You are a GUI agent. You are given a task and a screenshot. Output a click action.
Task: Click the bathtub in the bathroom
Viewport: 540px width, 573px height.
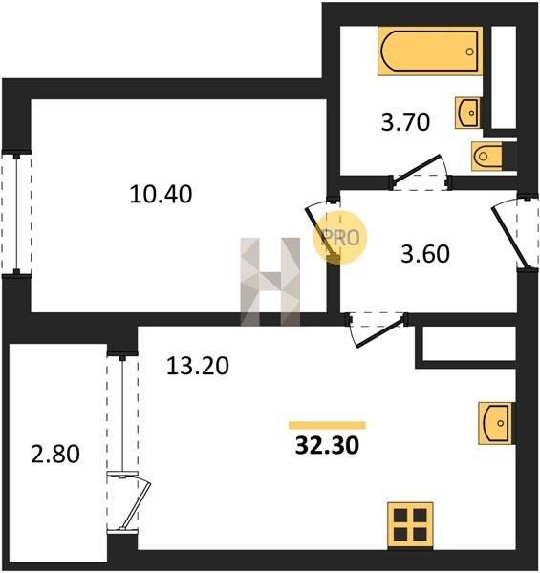point(430,51)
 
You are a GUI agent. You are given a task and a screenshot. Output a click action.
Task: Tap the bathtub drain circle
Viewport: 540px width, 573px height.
point(470,52)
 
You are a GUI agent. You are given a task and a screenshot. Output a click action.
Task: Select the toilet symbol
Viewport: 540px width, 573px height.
point(486,156)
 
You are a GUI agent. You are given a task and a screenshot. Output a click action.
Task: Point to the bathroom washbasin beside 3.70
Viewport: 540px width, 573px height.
point(467,113)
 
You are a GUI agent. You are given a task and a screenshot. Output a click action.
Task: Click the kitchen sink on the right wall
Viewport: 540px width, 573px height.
point(496,423)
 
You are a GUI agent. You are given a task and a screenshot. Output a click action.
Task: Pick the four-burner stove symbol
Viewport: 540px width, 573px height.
point(410,525)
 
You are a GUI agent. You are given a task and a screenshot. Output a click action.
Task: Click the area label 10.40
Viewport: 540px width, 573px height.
point(161,194)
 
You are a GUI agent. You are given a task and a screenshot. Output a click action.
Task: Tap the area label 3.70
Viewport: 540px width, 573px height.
point(405,122)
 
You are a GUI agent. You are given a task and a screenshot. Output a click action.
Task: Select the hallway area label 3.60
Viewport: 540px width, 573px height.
point(425,254)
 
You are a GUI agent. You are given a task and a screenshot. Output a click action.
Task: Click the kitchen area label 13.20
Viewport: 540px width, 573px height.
point(198,366)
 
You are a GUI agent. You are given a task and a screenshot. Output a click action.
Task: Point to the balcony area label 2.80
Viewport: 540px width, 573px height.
point(55,455)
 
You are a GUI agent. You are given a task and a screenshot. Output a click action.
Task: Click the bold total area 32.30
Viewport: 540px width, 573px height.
point(327,446)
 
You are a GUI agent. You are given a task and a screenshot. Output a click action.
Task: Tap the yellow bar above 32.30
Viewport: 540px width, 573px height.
point(327,425)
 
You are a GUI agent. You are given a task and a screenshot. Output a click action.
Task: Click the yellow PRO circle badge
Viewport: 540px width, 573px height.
point(339,238)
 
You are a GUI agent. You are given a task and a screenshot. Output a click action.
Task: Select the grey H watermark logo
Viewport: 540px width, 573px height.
point(270,282)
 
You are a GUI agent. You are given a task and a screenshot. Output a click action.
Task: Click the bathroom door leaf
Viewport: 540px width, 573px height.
point(417,168)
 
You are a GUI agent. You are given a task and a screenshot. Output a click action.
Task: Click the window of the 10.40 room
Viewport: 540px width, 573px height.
point(16,213)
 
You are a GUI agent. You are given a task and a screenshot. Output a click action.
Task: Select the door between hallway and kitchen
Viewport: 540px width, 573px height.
point(380,331)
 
